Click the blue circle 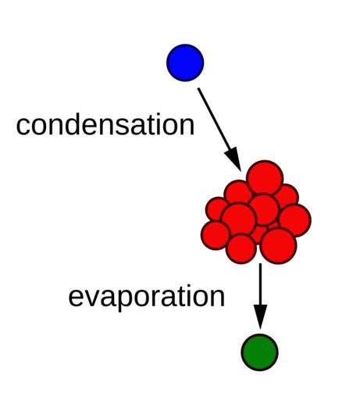click(x=185, y=62)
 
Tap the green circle click(x=259, y=352)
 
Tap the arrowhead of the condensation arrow click(x=233, y=159)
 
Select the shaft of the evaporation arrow click(x=260, y=284)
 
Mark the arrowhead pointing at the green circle click(x=260, y=317)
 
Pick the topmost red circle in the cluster click(x=265, y=177)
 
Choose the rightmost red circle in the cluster click(x=295, y=220)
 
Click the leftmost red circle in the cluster click(x=216, y=235)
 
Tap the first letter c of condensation click(x=23, y=126)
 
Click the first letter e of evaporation click(x=76, y=298)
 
